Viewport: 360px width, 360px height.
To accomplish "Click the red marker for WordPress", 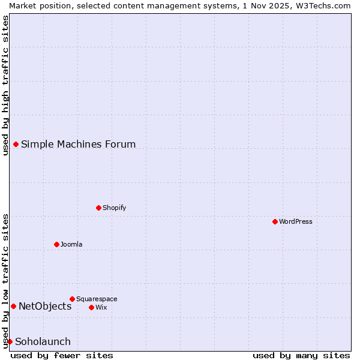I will click(275, 221).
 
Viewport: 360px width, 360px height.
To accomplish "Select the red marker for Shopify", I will click(98, 208).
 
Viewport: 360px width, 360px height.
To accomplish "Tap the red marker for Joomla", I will click(56, 244).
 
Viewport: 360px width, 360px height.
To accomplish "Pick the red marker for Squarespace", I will click(72, 299).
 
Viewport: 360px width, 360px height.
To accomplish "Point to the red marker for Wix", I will click(91, 307).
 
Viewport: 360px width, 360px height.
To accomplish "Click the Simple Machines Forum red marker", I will click(16, 144).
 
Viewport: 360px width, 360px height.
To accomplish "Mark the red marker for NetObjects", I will click(13, 306).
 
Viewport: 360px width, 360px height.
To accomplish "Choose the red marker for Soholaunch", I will click(10, 341).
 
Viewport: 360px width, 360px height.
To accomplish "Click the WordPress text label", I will click(296, 222).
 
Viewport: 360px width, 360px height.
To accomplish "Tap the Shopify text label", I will click(114, 208).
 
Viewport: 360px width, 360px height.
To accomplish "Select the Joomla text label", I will click(71, 245).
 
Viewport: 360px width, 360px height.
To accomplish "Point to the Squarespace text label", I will click(97, 299).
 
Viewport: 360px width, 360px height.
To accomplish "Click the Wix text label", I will click(101, 308).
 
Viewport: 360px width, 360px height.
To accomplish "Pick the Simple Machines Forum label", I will click(78, 145).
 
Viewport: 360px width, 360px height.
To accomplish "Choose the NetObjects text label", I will click(45, 307).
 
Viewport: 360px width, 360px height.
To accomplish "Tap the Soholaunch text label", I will click(43, 342).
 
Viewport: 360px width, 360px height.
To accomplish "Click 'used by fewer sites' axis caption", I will click(62, 355).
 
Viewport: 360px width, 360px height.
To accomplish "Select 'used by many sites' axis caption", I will click(301, 355).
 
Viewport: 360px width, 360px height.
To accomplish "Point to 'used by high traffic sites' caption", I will click(5, 85).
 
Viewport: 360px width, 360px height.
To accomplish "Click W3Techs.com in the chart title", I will click(322, 5).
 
